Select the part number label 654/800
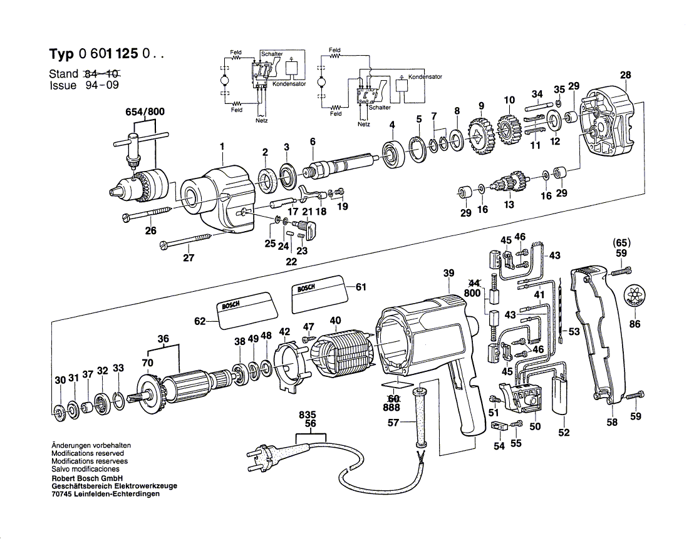(144, 113)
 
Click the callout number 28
(625, 75)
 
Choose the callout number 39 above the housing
(448, 273)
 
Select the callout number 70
(147, 363)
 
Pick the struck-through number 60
(393, 398)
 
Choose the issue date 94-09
(101, 86)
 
